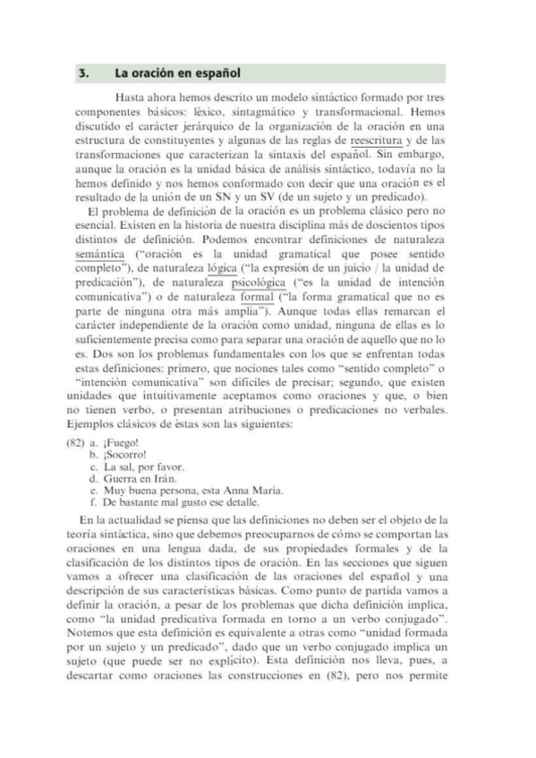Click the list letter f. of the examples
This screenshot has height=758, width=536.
[95, 503]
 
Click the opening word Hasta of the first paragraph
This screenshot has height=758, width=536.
[133, 97]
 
